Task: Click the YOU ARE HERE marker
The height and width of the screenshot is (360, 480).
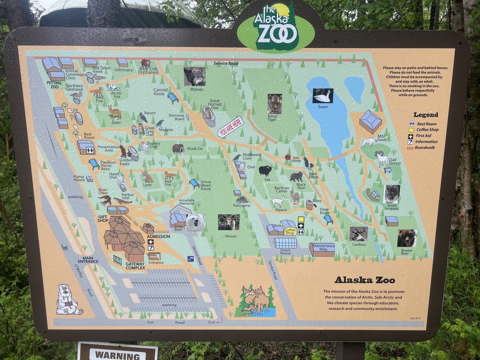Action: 231,127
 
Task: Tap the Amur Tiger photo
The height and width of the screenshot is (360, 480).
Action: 274,104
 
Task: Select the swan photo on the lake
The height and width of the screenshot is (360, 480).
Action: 323,96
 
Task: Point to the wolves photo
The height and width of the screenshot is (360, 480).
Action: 195,77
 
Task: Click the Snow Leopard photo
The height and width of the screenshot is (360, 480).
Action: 392,194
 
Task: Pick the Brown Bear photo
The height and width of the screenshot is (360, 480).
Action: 407,238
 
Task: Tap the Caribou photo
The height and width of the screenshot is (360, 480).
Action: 358,234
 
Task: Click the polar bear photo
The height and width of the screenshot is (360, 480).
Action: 195,223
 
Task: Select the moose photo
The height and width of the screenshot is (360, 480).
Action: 229,222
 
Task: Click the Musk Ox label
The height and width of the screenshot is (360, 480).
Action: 195,149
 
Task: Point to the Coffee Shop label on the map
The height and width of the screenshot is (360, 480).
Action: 290,231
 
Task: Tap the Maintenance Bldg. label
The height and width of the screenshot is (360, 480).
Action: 323,247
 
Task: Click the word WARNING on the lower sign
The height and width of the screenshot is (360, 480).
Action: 118,355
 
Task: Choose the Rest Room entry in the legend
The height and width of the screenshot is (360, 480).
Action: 426,124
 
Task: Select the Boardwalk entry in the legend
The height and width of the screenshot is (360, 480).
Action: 425,148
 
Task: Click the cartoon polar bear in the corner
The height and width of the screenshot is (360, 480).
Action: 68,300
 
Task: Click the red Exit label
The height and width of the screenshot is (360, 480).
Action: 212,322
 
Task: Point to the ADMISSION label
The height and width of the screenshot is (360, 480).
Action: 158,236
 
